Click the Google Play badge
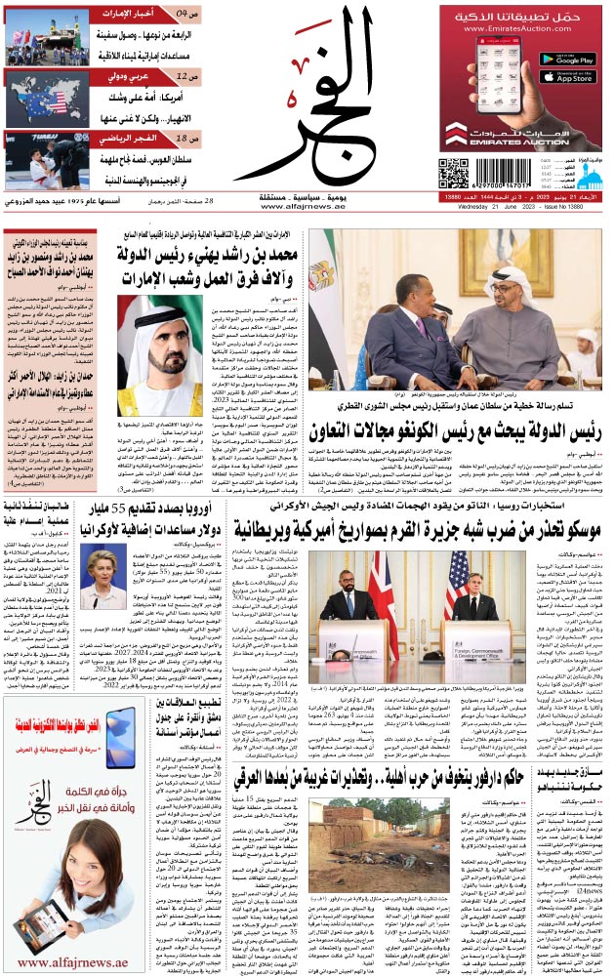click(x=567, y=60)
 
